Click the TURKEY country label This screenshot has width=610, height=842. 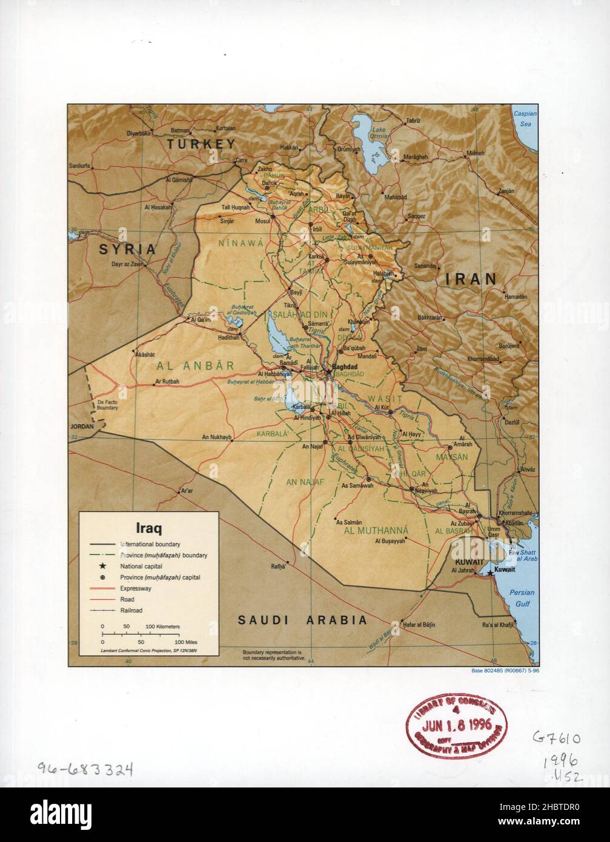(x=201, y=144)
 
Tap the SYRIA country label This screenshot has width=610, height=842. (x=128, y=249)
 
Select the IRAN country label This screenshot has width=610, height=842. (x=471, y=279)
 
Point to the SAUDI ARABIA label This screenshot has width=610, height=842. (x=302, y=620)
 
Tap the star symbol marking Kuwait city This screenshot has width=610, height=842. (x=489, y=572)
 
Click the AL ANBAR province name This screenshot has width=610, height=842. (x=195, y=365)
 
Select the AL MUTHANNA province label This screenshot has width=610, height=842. (x=376, y=531)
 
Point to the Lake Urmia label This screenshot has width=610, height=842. (x=379, y=133)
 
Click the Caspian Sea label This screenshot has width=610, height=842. (x=525, y=118)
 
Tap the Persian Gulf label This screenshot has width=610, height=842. (x=521, y=598)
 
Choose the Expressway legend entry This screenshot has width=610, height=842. (x=136, y=588)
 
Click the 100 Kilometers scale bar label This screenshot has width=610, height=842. (x=162, y=626)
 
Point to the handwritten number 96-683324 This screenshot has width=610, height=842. (x=85, y=769)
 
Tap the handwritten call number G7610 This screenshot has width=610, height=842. (x=556, y=738)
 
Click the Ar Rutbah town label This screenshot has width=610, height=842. (x=167, y=382)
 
